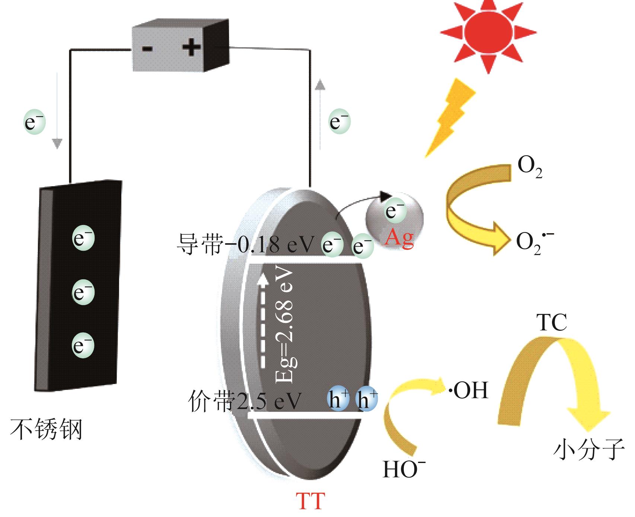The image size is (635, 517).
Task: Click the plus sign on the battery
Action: coord(192,47)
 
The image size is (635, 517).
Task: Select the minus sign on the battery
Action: coord(148,48)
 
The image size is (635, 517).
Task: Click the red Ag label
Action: coord(399,237)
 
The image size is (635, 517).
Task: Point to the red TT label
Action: coord(310,501)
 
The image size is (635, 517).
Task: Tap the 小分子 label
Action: coord(588,449)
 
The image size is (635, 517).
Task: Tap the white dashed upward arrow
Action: coord(263,320)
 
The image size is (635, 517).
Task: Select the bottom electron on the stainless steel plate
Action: coord(83,346)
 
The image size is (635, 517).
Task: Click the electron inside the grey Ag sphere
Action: coord(395,211)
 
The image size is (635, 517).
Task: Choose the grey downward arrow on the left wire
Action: coord(57,112)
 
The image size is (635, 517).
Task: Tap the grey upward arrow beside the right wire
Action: coord(320,112)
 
